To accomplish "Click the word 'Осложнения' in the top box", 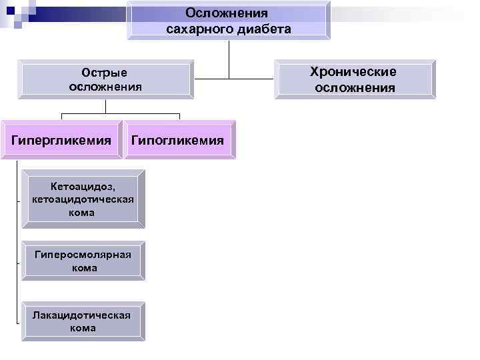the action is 227,13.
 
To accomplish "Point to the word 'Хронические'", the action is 354,72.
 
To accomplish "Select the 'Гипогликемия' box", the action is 177,141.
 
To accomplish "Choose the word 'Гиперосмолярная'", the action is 83,254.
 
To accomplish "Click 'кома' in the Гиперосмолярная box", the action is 83,268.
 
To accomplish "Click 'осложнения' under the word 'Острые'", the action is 105,87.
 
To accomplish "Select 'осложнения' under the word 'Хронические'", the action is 355,87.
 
